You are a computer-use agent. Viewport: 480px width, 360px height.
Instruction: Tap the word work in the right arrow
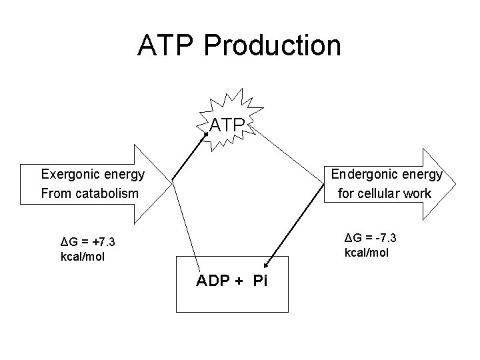click(418, 194)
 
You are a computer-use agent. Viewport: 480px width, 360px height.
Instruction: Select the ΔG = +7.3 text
click(87, 241)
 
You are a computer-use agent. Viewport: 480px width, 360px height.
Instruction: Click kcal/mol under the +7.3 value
click(82, 256)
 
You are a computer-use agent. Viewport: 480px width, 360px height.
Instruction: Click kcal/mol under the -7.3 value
click(367, 253)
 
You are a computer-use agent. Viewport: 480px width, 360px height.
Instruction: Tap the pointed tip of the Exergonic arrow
click(172, 183)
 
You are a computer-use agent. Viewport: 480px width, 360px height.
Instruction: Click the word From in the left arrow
click(54, 194)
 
